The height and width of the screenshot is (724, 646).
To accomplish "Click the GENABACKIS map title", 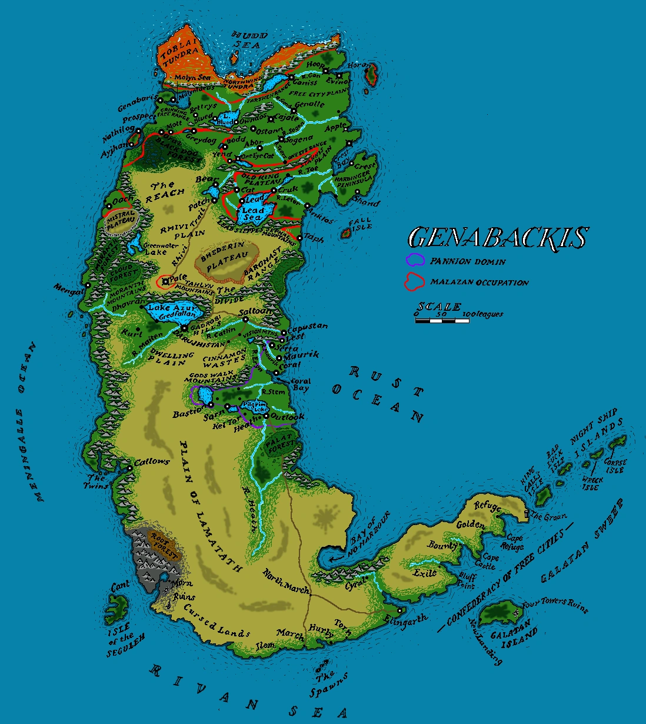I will (x=498, y=238).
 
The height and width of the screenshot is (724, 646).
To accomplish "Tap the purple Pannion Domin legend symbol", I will (x=416, y=260).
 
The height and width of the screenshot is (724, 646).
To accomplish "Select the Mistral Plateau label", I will (x=121, y=220).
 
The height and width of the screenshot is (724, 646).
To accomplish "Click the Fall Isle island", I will (x=347, y=234).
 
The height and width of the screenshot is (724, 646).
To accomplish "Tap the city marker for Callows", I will (x=129, y=468).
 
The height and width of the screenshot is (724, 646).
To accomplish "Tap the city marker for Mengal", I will (x=88, y=285).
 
